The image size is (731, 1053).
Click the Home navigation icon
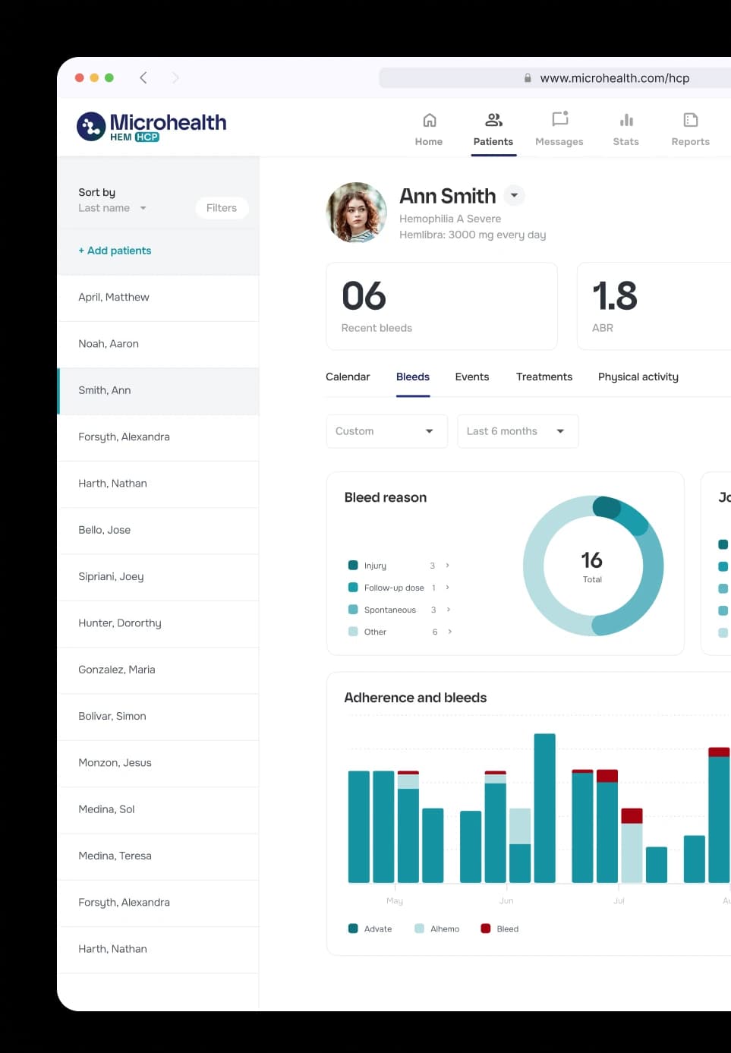[429, 121]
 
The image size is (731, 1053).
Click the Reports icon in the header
[690, 120]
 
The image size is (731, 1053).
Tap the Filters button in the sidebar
[222, 208]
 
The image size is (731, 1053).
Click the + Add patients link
[115, 251]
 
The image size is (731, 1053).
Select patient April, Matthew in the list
[114, 298]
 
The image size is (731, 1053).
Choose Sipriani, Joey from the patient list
[111, 577]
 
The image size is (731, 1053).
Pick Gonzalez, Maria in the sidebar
[117, 670]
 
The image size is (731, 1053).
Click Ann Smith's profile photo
[356, 213]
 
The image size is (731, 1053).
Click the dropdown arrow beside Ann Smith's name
[514, 196]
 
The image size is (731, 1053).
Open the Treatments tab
[544, 377]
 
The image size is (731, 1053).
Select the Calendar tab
[348, 377]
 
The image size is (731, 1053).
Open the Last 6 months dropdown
[517, 431]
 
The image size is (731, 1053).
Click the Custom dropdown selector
[386, 431]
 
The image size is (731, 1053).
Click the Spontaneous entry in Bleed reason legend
[389, 610]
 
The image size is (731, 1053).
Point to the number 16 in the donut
[591, 560]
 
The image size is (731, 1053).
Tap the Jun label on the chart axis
[506, 901]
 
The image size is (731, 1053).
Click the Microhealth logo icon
[92, 127]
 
